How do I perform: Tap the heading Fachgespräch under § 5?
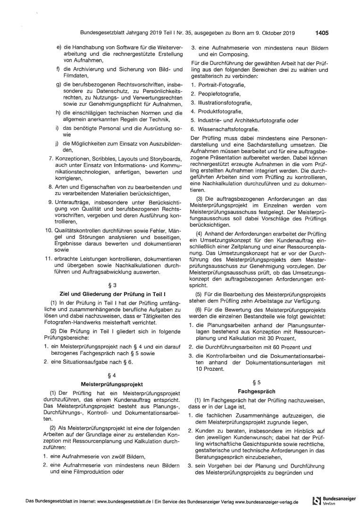tap(257, 391)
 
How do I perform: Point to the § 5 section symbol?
tap(257, 383)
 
